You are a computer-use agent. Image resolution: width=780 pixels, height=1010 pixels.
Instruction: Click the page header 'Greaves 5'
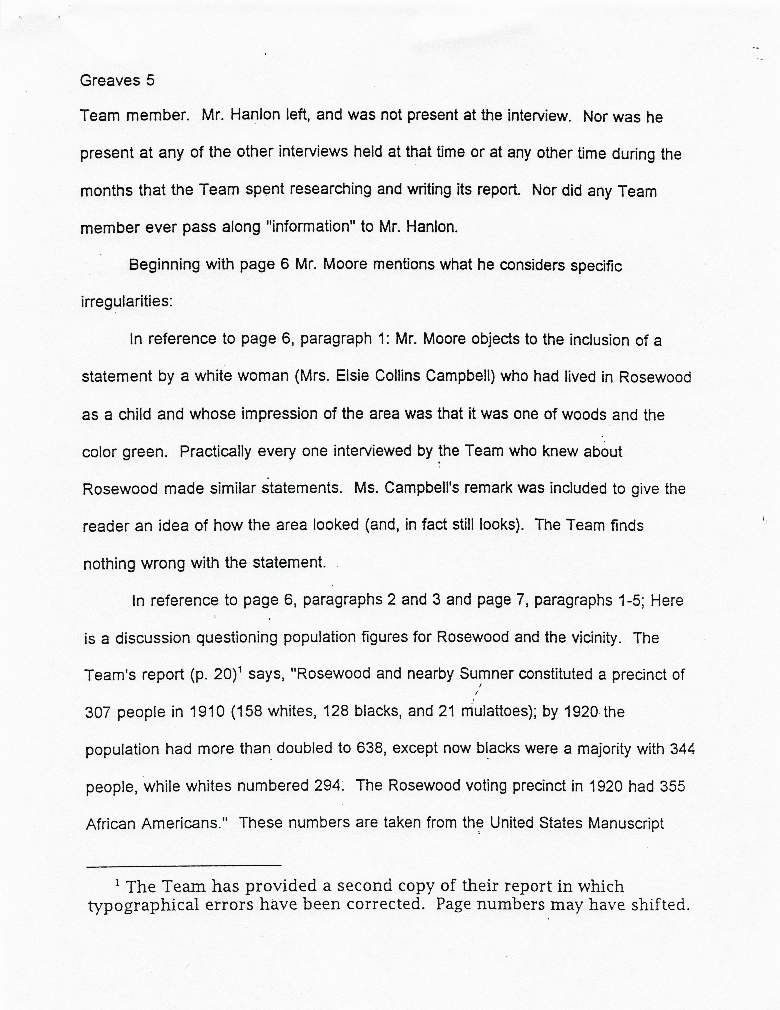[117, 81]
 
